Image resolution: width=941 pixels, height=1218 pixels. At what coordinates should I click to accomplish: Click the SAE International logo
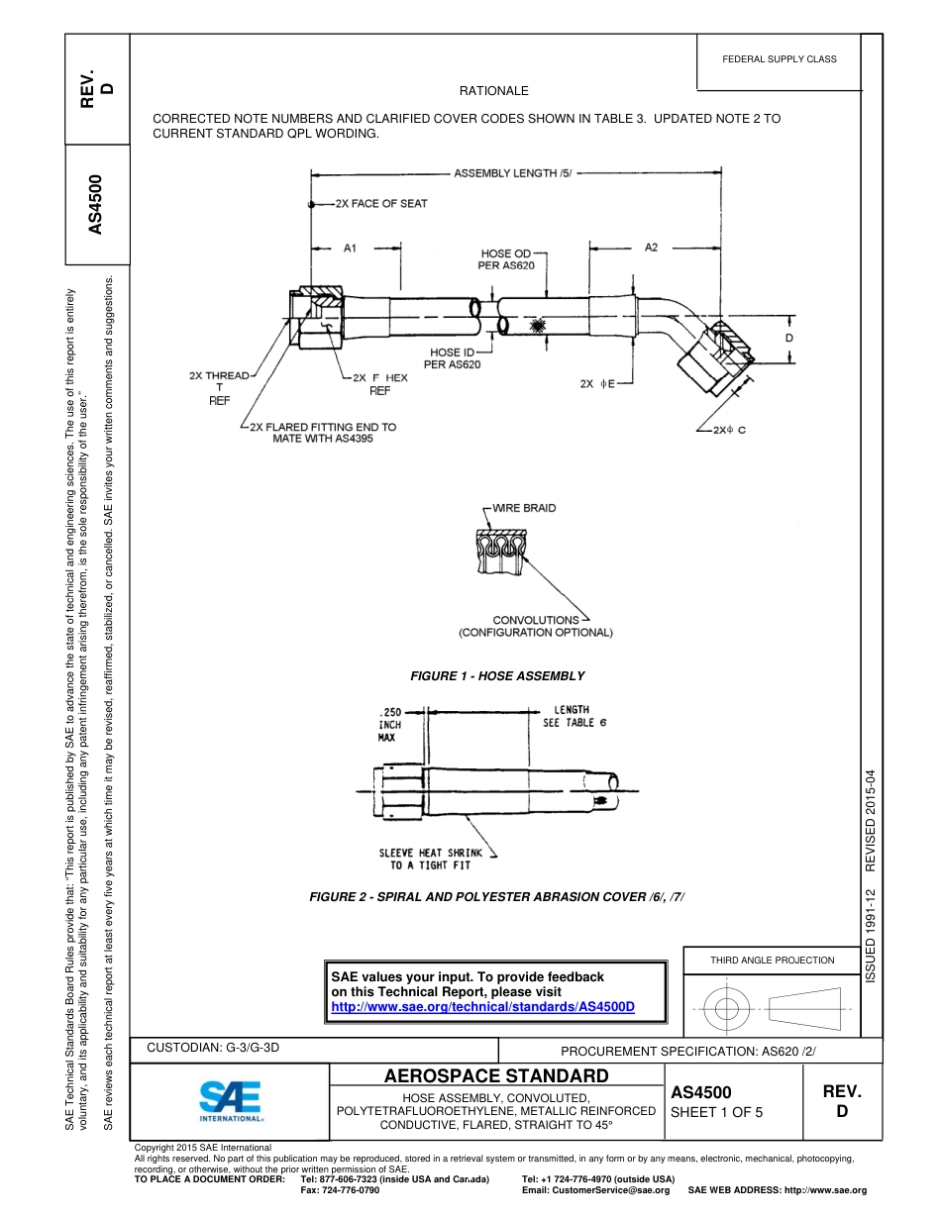231,1100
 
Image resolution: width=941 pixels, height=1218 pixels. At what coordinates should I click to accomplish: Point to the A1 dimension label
350,248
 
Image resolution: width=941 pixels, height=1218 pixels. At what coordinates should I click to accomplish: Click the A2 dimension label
651,247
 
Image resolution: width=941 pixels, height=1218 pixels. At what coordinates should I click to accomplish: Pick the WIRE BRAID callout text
524,508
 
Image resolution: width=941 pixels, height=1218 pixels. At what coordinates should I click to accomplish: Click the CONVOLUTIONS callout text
536,620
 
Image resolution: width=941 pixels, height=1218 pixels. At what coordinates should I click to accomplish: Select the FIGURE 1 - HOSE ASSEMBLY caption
497,676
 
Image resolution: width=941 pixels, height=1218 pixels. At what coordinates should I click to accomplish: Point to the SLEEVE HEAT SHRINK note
431,859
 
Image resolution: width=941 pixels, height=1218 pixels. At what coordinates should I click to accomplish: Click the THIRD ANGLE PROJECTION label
772,960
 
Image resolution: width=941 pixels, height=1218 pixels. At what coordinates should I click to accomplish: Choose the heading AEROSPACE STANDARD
496,1076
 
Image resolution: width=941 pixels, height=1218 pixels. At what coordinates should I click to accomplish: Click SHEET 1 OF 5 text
717,1112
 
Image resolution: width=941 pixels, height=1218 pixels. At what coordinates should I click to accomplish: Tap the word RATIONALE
494,91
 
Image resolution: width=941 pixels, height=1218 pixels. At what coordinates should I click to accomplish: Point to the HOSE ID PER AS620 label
453,358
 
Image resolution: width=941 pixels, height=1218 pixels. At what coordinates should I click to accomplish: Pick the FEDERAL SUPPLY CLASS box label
779,59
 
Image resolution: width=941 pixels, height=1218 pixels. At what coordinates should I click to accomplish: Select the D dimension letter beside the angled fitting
789,338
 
